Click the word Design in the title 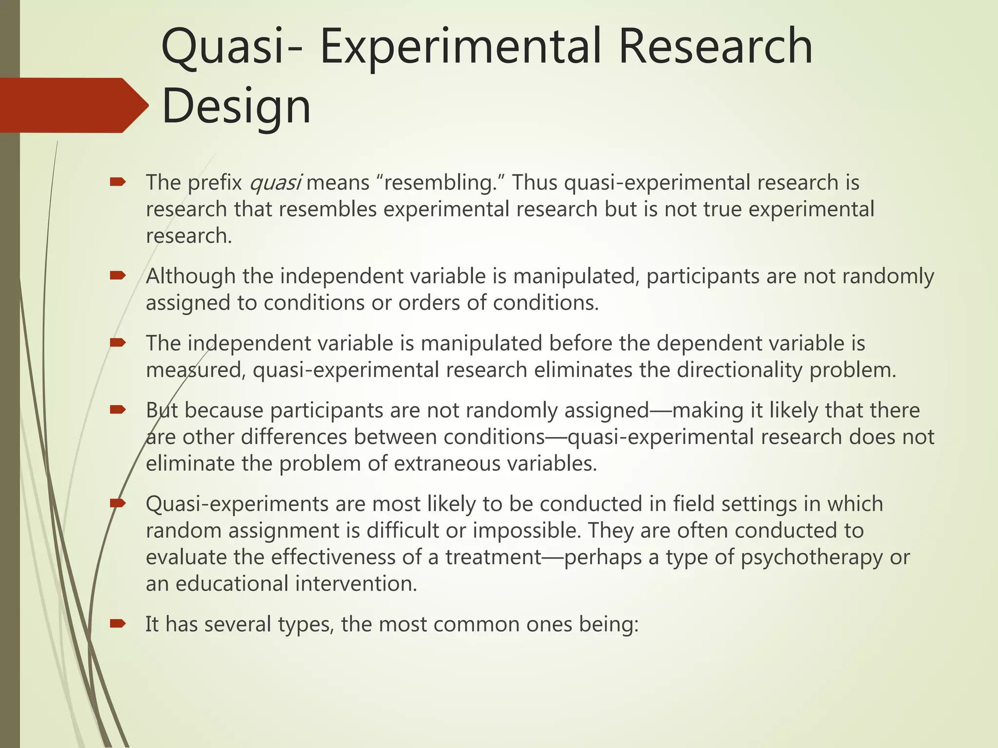pos(236,106)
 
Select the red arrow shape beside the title pos(73,105)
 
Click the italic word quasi pos(275,183)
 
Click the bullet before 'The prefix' pos(118,183)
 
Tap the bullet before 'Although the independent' pos(118,276)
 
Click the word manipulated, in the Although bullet pos(576,276)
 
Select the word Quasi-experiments pos(237,504)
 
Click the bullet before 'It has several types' pos(118,624)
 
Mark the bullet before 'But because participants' pos(118,410)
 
